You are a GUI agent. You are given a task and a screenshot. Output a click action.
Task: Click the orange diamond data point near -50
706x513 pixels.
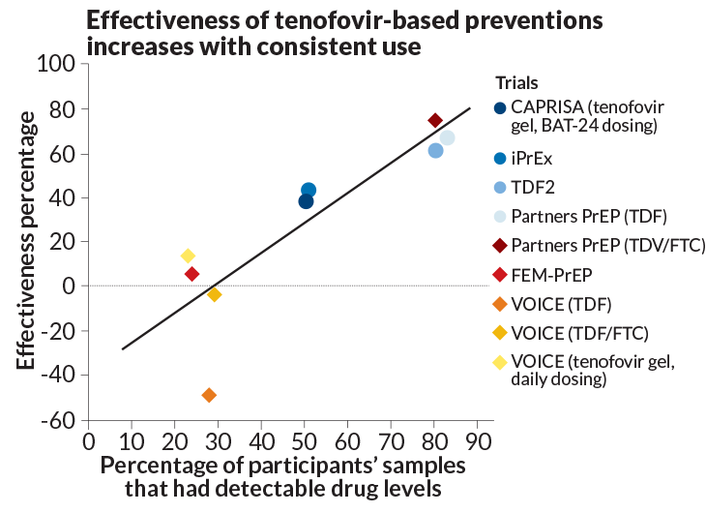click(x=209, y=395)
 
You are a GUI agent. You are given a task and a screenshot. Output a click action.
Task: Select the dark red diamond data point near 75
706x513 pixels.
click(x=435, y=120)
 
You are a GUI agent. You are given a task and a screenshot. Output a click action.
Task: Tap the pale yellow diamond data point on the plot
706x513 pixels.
click(x=188, y=256)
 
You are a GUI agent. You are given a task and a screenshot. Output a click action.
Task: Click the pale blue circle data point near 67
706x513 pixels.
click(x=447, y=138)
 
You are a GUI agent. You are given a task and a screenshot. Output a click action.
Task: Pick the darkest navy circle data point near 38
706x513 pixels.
click(x=306, y=201)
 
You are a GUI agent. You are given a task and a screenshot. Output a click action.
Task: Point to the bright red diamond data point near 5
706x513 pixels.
click(x=192, y=274)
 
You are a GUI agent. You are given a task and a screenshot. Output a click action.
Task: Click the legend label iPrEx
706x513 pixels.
click(x=533, y=158)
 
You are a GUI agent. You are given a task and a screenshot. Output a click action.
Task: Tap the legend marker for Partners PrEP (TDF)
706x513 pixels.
click(x=500, y=216)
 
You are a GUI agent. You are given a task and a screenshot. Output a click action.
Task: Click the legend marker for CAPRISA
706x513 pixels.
click(x=500, y=107)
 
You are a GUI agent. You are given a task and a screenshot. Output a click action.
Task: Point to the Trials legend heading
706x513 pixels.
click(x=516, y=83)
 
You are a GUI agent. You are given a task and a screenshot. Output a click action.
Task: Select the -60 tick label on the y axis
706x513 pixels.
click(x=60, y=420)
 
